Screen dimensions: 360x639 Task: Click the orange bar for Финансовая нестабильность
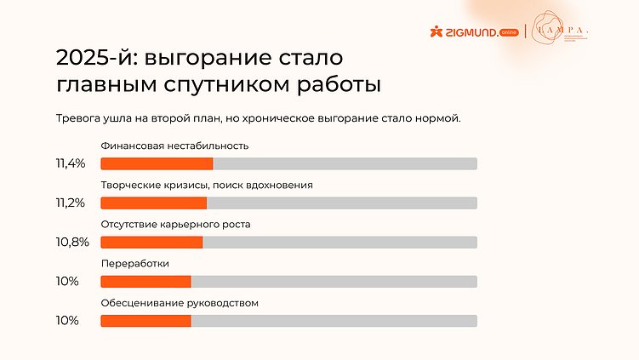(157, 163)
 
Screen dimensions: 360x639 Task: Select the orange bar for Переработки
(145, 282)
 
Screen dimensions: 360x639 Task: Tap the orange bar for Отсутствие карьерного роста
(151, 243)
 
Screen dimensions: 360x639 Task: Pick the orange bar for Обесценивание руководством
(145, 321)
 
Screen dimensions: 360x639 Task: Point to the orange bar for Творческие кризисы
(154, 203)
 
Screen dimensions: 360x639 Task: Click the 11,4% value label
(71, 163)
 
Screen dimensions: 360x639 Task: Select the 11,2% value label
(71, 203)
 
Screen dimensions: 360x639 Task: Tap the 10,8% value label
(71, 243)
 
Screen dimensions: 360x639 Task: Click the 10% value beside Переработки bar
(66, 282)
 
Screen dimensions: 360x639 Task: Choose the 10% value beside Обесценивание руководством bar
(66, 321)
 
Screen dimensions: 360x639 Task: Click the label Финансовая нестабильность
(174, 146)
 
